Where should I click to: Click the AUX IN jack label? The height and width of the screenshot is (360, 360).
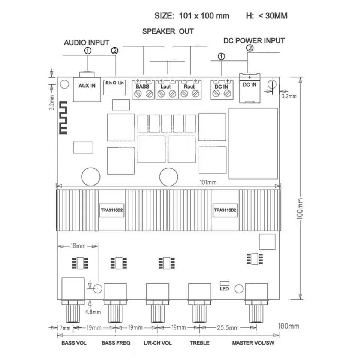[87, 85]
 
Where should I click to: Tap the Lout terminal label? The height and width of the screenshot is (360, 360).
[165, 87]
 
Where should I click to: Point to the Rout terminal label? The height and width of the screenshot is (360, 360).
[189, 87]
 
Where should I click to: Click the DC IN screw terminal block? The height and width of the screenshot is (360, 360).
[222, 90]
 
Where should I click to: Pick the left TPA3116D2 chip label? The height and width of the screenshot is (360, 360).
[112, 210]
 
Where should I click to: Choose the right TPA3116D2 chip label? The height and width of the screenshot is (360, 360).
[225, 210]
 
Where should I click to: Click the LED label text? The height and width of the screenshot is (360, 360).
[224, 289]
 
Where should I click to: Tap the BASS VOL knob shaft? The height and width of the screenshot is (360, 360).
[73, 313]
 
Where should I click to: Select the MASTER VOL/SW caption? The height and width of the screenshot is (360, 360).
[253, 343]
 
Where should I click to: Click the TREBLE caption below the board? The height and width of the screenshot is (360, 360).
[199, 343]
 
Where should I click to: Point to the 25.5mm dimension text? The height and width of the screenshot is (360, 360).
[228, 328]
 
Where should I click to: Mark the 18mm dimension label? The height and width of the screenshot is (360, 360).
[78, 246]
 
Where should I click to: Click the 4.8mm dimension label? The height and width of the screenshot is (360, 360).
[93, 312]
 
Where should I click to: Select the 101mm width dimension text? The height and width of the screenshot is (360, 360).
[208, 182]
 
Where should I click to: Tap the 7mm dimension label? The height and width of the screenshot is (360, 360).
[65, 328]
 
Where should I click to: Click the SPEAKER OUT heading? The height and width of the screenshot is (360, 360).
[168, 31]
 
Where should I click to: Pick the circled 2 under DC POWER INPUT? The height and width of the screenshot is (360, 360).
[250, 48]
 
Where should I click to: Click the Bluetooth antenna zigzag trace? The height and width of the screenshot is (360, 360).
[63, 117]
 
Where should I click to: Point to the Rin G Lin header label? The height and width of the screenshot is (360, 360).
[114, 83]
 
